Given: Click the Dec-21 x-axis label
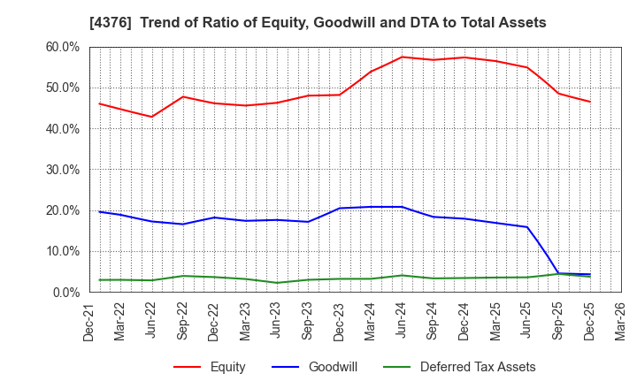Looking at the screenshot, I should pyautogui.click(x=89, y=324).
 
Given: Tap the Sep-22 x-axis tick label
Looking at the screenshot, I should pyautogui.click(x=183, y=324).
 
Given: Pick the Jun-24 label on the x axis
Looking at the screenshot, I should pyautogui.click(x=402, y=324).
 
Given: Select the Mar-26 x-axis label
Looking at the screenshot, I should pyautogui.click(x=620, y=324).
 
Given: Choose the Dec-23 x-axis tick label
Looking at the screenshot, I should pyautogui.click(x=339, y=324).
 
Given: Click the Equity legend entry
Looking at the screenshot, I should pyautogui.click(x=210, y=367).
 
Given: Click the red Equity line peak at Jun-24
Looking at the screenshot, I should pyautogui.click(x=402, y=57).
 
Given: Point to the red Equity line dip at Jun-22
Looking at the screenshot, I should pyautogui.click(x=152, y=117).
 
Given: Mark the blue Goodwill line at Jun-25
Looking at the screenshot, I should pyautogui.click(x=527, y=227).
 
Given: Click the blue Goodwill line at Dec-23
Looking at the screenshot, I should pyautogui.click(x=340, y=209).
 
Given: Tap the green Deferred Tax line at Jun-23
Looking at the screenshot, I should pyautogui.click(x=277, y=283).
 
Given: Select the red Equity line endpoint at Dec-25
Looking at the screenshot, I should pyautogui.click(x=589, y=102).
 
